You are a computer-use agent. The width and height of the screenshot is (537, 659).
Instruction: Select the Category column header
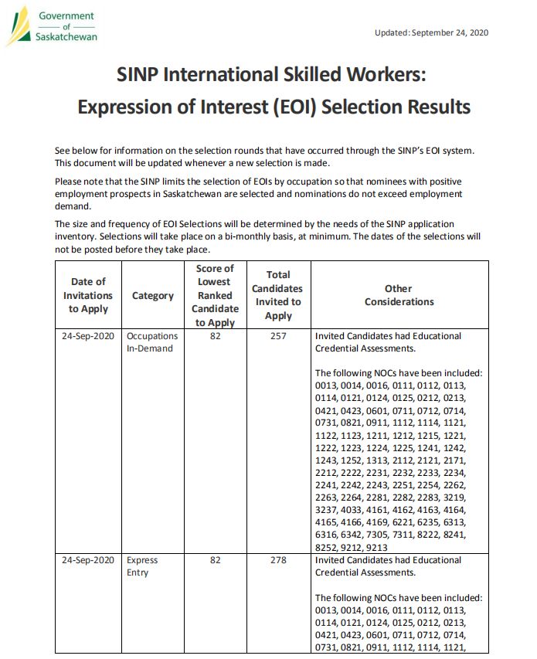[x=153, y=296]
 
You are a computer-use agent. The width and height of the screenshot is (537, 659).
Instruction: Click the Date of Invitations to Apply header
[x=88, y=295]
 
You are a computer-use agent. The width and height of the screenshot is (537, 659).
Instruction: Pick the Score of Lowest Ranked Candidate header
[x=215, y=295]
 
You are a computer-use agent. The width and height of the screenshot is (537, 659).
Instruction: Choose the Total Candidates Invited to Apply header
[x=278, y=295]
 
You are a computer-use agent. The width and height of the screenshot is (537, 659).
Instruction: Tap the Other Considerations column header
[x=399, y=295]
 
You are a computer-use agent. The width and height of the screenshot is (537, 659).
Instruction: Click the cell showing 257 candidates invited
[x=278, y=336]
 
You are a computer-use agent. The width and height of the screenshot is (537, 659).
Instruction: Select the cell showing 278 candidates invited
[x=278, y=560]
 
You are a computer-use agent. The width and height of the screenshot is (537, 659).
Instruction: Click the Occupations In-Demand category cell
[x=152, y=342]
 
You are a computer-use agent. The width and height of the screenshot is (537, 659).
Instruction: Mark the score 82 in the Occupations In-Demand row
[x=215, y=336]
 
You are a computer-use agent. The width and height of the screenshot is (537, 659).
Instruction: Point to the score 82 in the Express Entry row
[x=215, y=560]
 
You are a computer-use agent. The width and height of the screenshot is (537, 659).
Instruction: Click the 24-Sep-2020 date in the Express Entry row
[x=88, y=560]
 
